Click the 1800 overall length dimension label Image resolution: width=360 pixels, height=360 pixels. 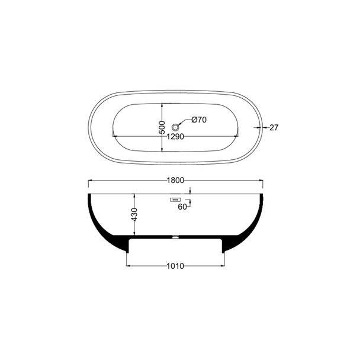point(175,181)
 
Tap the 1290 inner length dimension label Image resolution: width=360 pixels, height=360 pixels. point(175,137)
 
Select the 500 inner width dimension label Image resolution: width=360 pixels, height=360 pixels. point(162,127)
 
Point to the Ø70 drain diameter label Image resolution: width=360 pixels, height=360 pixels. point(199,120)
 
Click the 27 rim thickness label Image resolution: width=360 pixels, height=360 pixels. point(274,127)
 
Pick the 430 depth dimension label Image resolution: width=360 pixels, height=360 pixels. point(134,214)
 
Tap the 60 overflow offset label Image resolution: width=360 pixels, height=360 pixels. point(182,207)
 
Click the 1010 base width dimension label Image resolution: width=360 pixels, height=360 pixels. point(175,266)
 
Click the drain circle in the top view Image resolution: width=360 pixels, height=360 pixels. point(175,127)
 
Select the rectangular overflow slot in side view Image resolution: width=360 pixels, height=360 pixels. point(175,200)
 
